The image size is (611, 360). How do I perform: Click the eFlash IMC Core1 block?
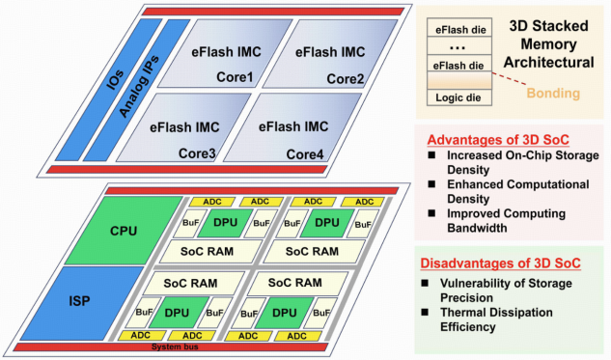225,53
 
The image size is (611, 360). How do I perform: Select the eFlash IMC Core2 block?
330,53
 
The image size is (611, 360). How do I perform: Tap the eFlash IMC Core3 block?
184,127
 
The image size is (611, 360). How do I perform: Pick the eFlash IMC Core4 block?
293,127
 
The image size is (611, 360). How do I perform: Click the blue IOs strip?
109,90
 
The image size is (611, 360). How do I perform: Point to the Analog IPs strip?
137,90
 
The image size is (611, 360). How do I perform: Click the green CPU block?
124,231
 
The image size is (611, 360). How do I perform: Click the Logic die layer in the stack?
459,97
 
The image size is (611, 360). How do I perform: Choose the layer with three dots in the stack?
459,46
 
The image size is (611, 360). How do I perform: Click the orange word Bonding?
553,93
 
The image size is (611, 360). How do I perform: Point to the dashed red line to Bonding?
509,78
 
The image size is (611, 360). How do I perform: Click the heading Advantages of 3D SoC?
498,140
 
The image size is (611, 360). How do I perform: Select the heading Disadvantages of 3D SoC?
500,263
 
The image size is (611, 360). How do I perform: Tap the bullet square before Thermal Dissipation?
425,312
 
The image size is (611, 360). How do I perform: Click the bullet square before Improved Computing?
431,213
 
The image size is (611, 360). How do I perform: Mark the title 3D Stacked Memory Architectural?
548,44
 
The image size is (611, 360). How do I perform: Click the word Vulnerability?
476,283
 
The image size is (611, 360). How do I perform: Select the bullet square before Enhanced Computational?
431,184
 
